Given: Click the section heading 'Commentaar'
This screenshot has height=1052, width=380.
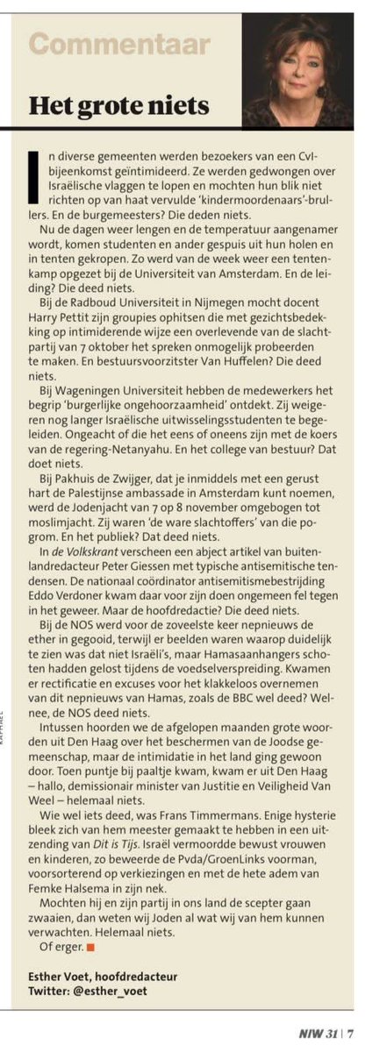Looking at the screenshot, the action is click(x=119, y=44).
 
